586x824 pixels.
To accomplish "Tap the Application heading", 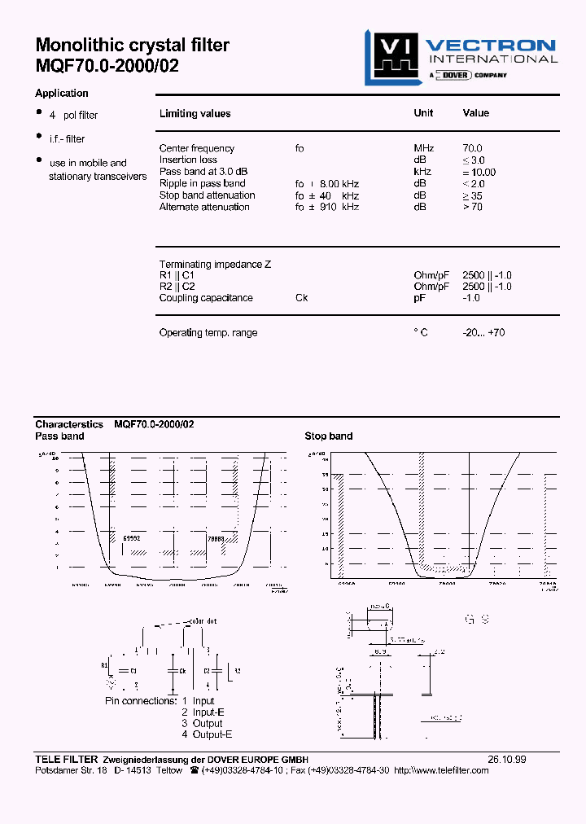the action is (x=62, y=94).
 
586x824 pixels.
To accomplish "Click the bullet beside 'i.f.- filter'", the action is (x=38, y=136).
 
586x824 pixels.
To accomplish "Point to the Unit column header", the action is (x=423, y=113).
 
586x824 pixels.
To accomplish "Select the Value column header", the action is (x=476, y=113).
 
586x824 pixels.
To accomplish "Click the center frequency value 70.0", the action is (x=472, y=148).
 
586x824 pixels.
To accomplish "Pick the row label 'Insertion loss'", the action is (x=189, y=160).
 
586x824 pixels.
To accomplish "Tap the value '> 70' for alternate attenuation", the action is (x=472, y=207).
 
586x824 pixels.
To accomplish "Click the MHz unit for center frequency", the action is (x=424, y=148).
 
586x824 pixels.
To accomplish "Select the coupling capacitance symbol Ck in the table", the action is (x=301, y=298).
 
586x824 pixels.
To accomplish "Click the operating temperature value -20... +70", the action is (x=483, y=333).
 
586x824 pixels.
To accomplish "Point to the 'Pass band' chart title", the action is (x=59, y=436).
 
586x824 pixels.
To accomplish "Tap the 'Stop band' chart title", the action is (x=329, y=436).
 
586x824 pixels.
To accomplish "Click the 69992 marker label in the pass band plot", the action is (x=131, y=539).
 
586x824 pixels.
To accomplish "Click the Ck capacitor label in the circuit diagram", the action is (x=183, y=670).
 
